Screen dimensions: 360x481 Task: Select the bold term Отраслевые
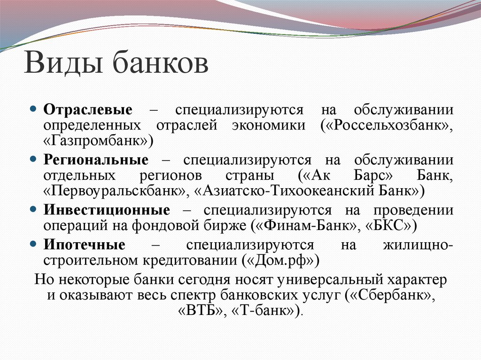tap(88, 110)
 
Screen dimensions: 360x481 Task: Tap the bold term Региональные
tap(96, 160)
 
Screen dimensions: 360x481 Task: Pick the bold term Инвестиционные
tap(107, 209)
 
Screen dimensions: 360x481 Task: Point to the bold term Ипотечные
tap(85, 245)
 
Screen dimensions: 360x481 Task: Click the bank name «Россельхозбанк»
tap(387, 125)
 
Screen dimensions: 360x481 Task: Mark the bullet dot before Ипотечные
tap(33, 244)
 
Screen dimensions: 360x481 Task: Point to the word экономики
tap(268, 125)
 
